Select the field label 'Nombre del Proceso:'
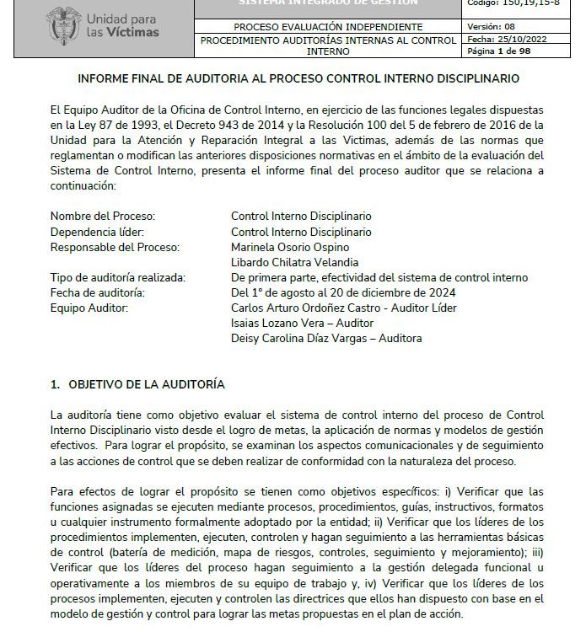[103, 216]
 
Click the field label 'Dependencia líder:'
[97, 232]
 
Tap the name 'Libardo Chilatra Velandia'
[294, 262]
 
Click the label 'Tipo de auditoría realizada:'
[117, 277]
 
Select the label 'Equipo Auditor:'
[89, 308]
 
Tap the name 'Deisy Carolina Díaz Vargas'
[301, 338]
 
